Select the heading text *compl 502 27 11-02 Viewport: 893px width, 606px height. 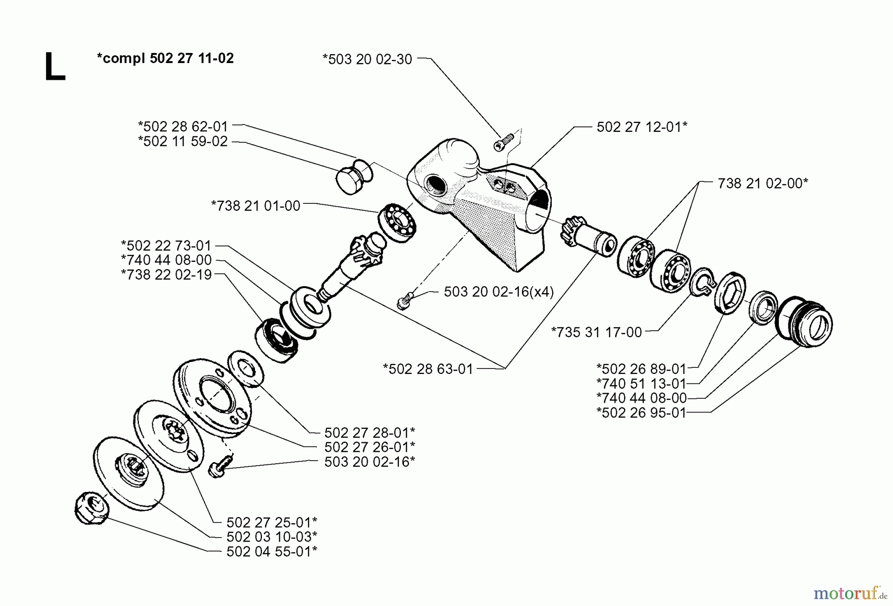(165, 59)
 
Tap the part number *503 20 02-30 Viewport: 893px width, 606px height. (367, 60)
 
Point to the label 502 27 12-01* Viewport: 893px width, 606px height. (642, 127)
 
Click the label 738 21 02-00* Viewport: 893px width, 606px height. (763, 183)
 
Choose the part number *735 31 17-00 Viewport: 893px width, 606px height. (596, 332)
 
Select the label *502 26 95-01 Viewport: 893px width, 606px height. (641, 413)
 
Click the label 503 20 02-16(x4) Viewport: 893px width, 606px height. (499, 292)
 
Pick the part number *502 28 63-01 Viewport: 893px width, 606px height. (428, 369)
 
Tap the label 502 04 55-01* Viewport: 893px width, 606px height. (271, 551)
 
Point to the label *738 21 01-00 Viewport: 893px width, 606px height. (255, 206)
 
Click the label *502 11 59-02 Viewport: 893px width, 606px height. (183, 142)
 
